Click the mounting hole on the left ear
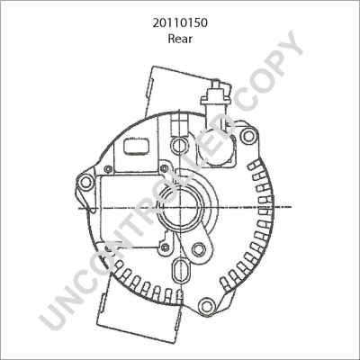point(86,184)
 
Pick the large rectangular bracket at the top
point(171,90)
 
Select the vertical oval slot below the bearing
point(181,273)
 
